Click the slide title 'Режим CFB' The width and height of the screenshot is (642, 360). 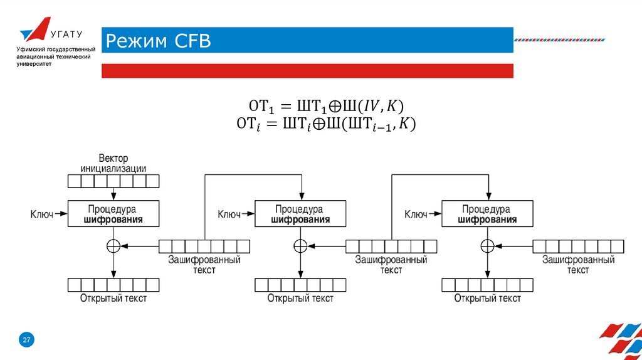click(x=158, y=41)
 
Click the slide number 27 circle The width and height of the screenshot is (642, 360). click(x=26, y=340)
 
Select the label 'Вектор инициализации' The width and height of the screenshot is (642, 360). click(x=113, y=163)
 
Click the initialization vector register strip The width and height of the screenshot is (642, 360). click(x=113, y=181)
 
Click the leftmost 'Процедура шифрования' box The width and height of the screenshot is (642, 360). click(x=113, y=213)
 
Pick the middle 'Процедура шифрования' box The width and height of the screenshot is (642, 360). click(x=300, y=213)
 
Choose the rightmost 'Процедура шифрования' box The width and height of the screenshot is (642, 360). click(x=487, y=213)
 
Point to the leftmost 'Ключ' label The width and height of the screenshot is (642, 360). click(x=42, y=214)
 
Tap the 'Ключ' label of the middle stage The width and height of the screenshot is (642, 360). click(x=229, y=214)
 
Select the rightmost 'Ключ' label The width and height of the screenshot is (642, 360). click(x=416, y=214)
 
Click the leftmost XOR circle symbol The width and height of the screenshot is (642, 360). click(x=113, y=246)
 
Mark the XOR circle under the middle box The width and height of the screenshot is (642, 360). click(x=300, y=246)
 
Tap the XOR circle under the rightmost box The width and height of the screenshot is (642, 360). click(x=487, y=246)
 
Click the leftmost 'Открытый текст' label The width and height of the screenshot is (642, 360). click(x=113, y=298)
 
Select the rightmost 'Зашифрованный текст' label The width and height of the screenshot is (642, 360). click(x=578, y=264)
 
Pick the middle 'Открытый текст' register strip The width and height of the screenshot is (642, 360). click(x=300, y=285)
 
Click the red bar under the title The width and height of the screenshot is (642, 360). click(x=307, y=70)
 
